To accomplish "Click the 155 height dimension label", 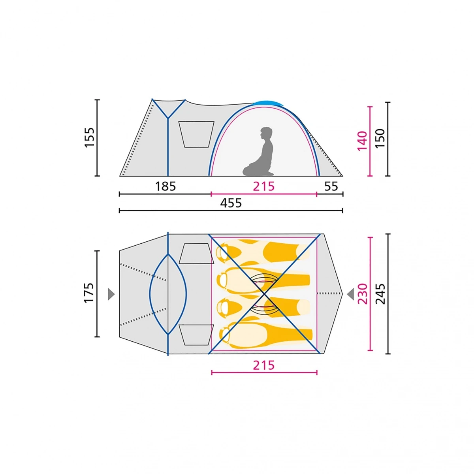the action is [x=89, y=137].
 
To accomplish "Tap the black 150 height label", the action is [x=380, y=138].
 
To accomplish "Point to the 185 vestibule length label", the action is [x=165, y=186].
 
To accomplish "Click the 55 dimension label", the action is [x=331, y=187].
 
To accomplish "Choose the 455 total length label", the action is [x=231, y=203].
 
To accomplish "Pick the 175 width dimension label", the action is [x=89, y=293].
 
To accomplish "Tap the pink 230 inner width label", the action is [x=362, y=294].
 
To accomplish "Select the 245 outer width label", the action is [x=380, y=294].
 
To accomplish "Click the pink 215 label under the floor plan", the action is [x=264, y=365].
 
